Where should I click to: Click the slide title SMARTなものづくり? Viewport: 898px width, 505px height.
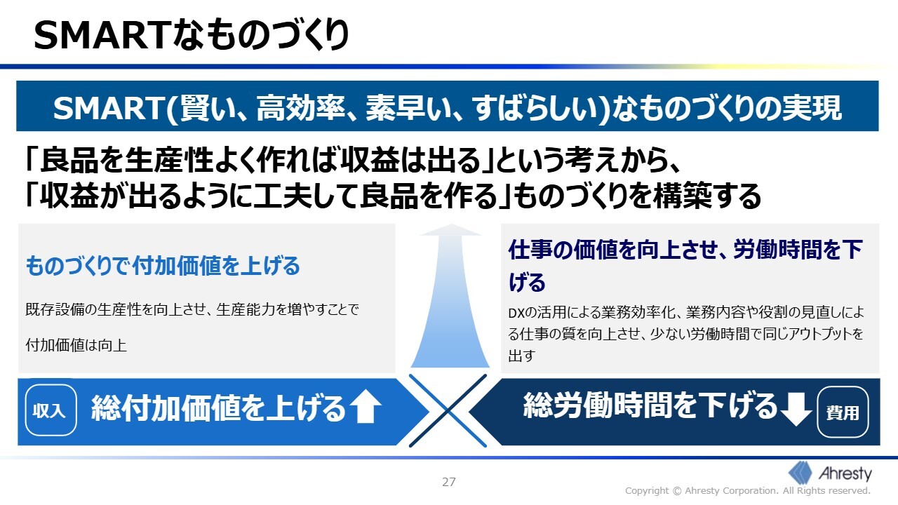192,35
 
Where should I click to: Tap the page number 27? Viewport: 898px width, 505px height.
448,482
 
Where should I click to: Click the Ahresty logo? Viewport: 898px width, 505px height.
830,473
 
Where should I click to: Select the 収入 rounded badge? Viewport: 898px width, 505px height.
51,410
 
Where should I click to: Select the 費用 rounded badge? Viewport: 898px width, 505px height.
843,412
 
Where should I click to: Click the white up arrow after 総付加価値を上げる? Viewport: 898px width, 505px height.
366,407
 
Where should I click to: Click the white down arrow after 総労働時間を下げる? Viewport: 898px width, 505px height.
796,409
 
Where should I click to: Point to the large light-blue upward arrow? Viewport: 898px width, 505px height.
450,296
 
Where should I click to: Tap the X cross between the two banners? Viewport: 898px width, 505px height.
448,411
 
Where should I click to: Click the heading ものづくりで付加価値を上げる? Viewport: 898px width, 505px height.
163,266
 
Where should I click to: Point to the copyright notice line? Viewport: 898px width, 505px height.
748,491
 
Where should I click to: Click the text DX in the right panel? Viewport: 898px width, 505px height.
516,313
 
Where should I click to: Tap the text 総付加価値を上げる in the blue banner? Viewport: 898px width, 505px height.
218,408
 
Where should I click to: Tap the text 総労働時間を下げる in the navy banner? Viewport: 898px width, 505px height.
650,405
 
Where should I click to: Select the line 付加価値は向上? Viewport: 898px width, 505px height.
76,346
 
